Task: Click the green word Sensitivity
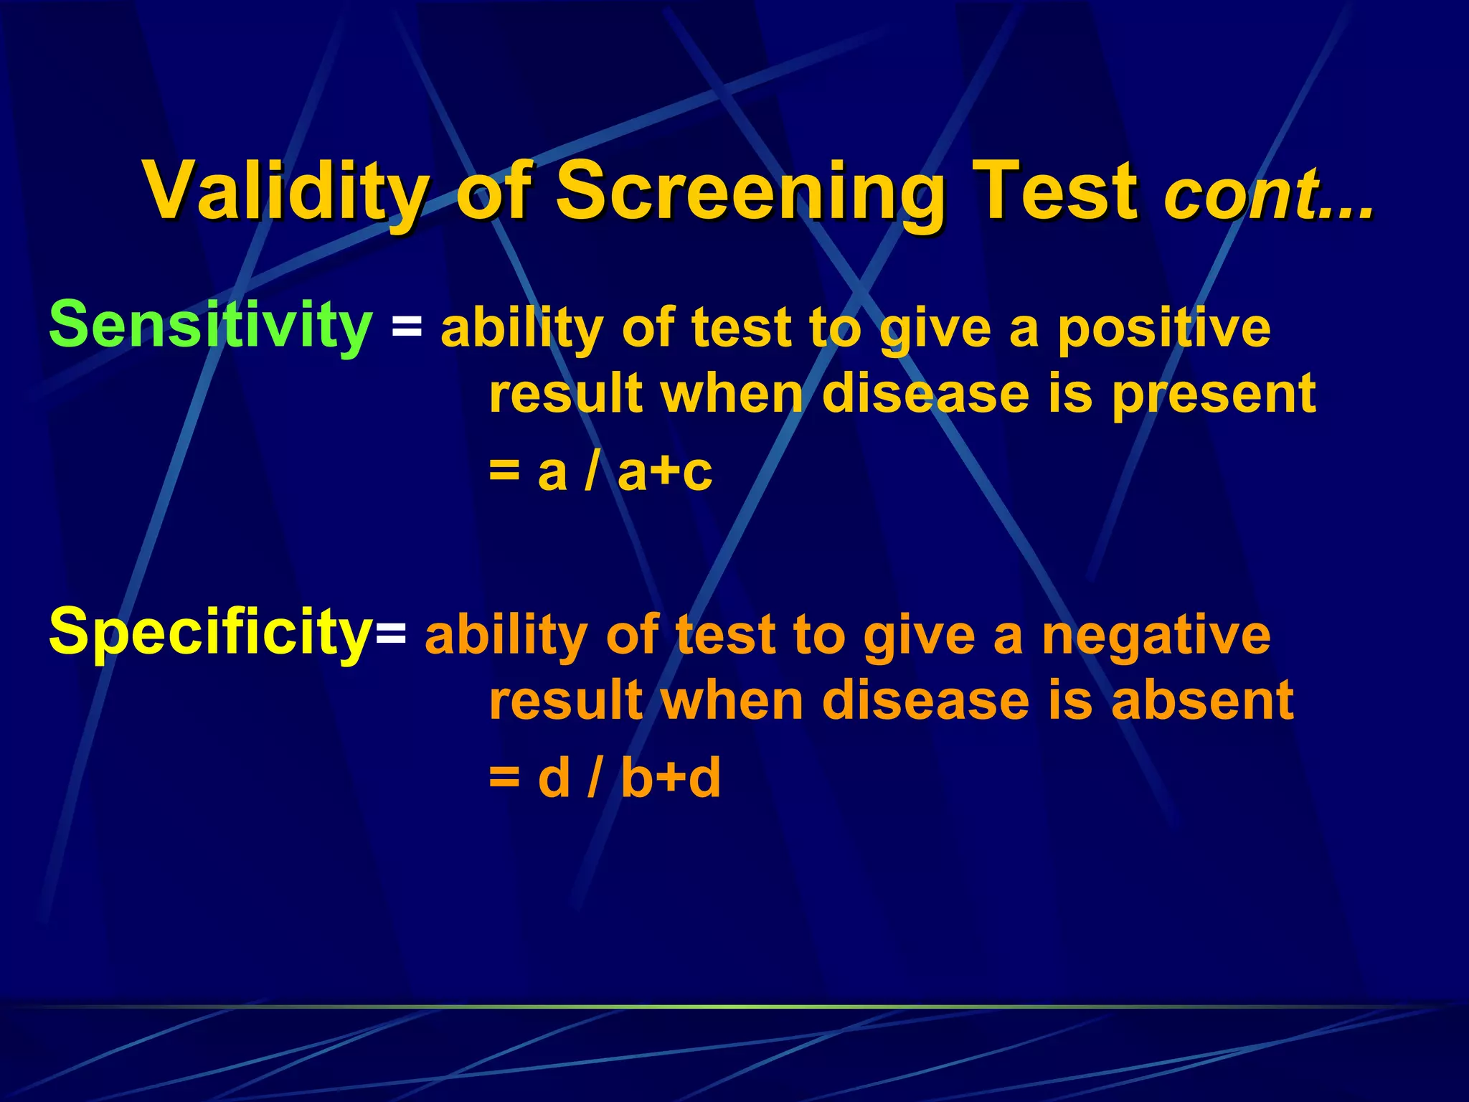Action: [x=210, y=326]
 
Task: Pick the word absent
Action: [x=1202, y=701]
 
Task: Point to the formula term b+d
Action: [x=671, y=778]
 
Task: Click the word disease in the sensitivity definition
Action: [x=926, y=395]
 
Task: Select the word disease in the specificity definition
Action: [x=926, y=701]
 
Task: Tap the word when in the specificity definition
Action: [x=732, y=701]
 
